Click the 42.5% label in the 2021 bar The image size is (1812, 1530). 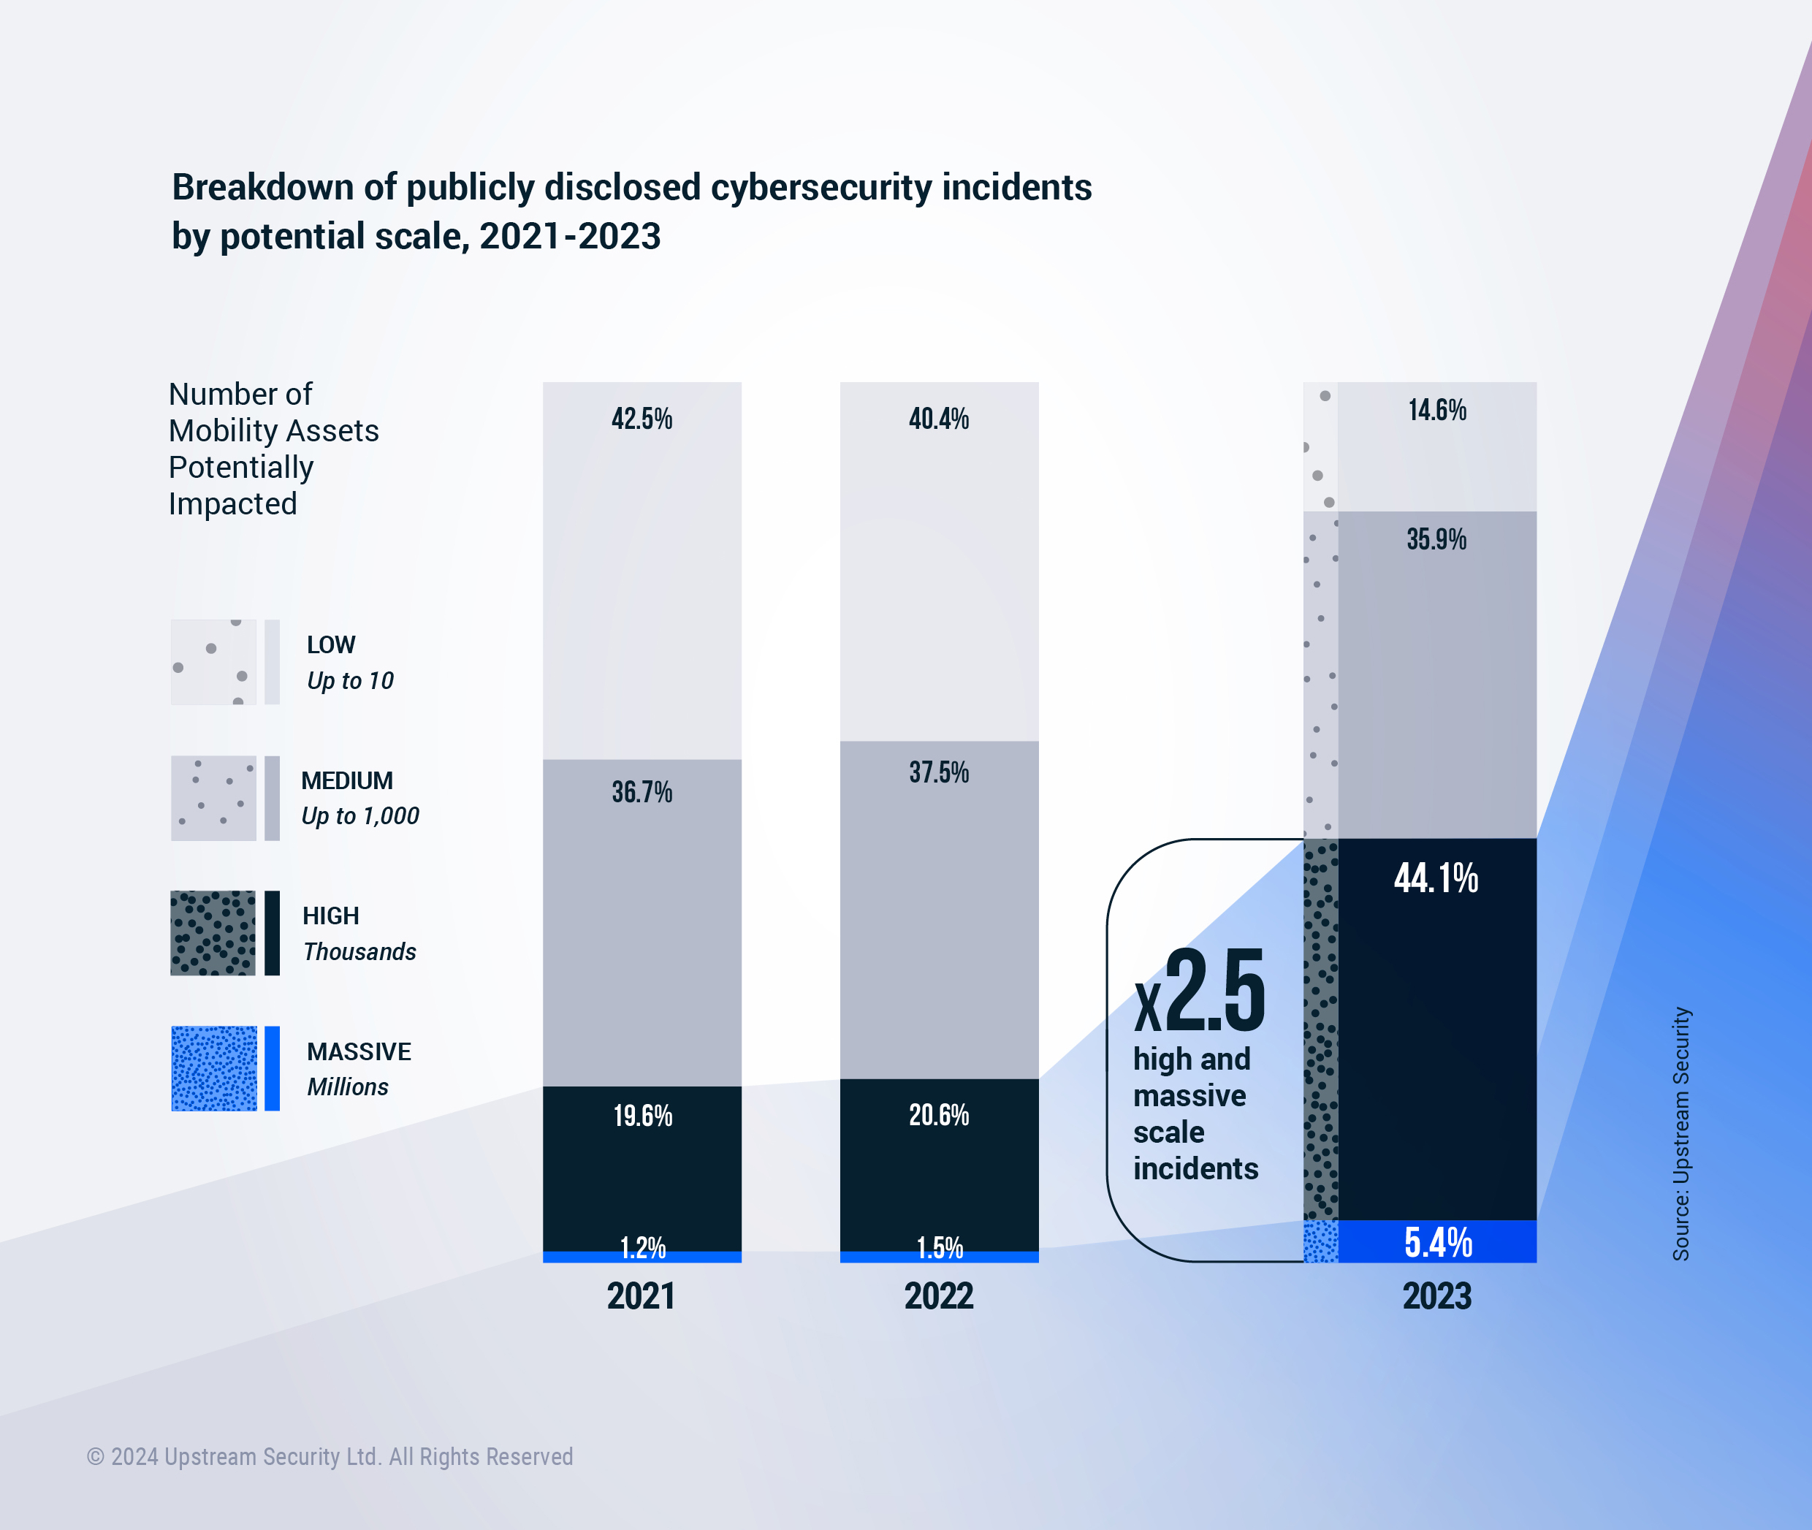[x=642, y=419]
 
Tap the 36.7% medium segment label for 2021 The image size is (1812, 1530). [x=642, y=792]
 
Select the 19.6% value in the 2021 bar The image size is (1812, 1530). [x=643, y=1116]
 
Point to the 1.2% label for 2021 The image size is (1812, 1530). [x=643, y=1247]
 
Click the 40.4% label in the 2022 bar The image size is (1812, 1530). [x=939, y=419]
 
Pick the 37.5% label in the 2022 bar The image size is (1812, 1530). [x=939, y=772]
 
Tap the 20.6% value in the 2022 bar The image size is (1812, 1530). [x=939, y=1114]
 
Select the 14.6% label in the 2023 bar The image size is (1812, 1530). [x=1436, y=410]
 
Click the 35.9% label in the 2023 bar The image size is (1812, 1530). [x=1436, y=539]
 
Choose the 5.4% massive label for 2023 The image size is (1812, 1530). [x=1437, y=1242]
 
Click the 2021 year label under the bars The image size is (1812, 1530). [x=641, y=1295]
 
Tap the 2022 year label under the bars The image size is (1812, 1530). [x=939, y=1295]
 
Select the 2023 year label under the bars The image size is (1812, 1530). [x=1436, y=1295]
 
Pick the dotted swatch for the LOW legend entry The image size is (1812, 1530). [x=213, y=662]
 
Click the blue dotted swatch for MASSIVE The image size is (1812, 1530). [x=214, y=1068]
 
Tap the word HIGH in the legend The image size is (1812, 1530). [x=330, y=916]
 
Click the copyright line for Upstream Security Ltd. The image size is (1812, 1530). [x=330, y=1457]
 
